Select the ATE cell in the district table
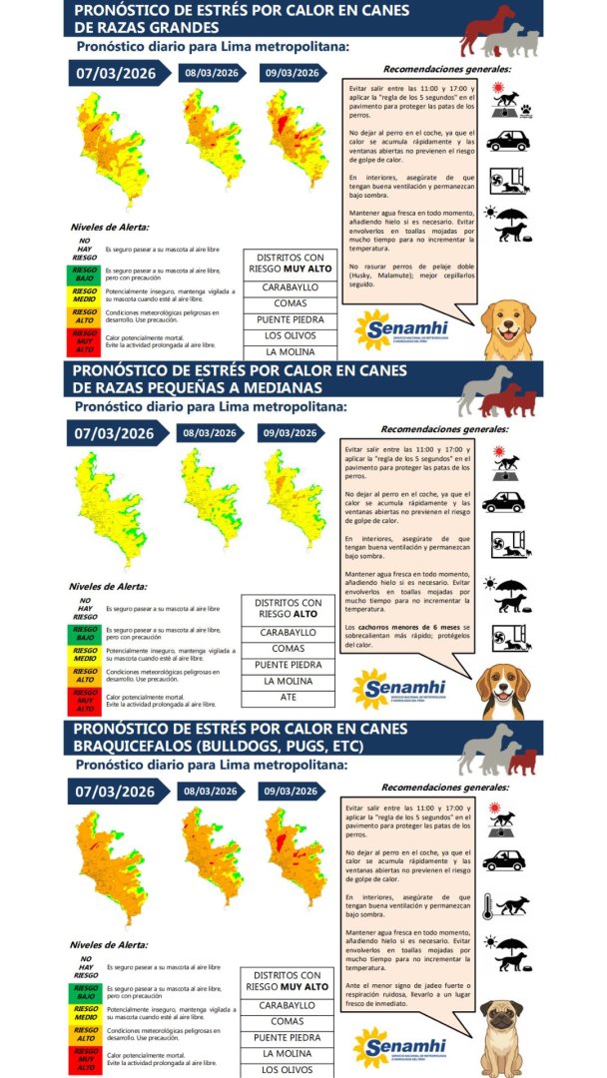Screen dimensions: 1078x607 pyautogui.click(x=288, y=697)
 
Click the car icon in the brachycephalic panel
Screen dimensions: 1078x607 pyautogui.click(x=504, y=859)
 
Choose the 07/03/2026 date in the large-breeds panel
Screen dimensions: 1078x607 pyautogui.click(x=115, y=73)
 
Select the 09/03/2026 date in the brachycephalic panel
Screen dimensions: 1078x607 pyautogui.click(x=291, y=792)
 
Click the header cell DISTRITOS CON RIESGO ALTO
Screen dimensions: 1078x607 pyautogui.click(x=288, y=608)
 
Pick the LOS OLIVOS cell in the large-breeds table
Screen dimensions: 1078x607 pyautogui.click(x=290, y=335)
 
